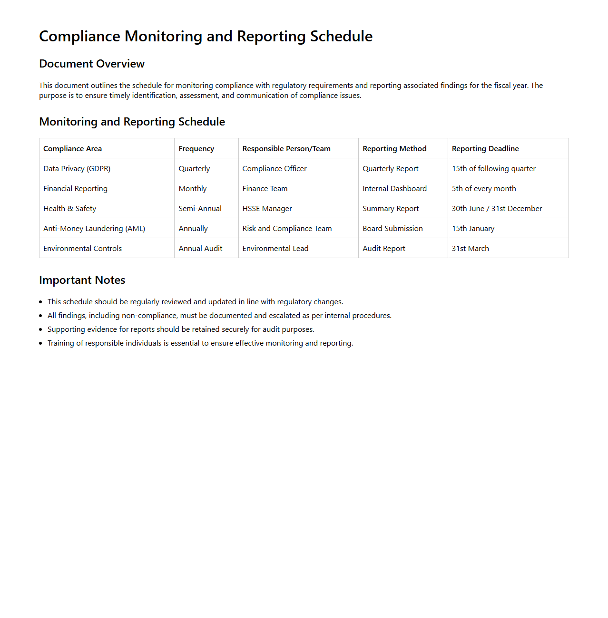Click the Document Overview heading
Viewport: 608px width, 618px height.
coord(92,64)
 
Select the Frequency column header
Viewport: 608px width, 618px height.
coord(196,149)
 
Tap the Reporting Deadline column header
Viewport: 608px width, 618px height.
coord(485,149)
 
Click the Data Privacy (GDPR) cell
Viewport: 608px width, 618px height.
coord(77,169)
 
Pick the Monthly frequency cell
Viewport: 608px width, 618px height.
coord(193,189)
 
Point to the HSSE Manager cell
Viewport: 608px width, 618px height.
coord(267,209)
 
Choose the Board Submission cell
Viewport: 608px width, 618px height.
coord(392,229)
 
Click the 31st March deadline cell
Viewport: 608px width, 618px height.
coord(470,249)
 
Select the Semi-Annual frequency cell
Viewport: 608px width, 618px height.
coord(200,209)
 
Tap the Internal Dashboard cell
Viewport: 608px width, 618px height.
coord(394,189)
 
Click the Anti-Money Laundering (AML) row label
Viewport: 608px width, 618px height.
coord(94,229)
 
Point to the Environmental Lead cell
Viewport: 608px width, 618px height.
coord(275,249)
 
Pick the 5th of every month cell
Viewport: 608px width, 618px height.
coord(484,189)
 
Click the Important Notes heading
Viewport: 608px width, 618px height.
coord(82,280)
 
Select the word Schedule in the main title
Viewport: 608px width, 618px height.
coord(341,36)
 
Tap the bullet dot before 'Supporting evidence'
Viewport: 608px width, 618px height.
coord(41,329)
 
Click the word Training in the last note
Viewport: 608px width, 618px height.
coord(61,343)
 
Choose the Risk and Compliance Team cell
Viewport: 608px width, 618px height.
coord(287,229)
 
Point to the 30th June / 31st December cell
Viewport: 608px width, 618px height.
coord(497,209)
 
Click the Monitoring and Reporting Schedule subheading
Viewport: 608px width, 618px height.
coord(132,122)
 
